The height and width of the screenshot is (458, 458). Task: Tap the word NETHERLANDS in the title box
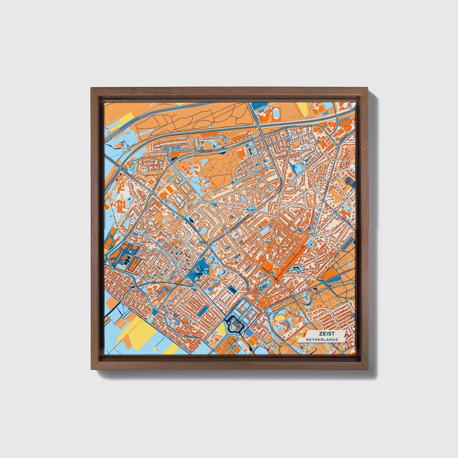tap(322, 339)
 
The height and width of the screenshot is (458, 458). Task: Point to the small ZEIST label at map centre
tap(203, 242)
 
